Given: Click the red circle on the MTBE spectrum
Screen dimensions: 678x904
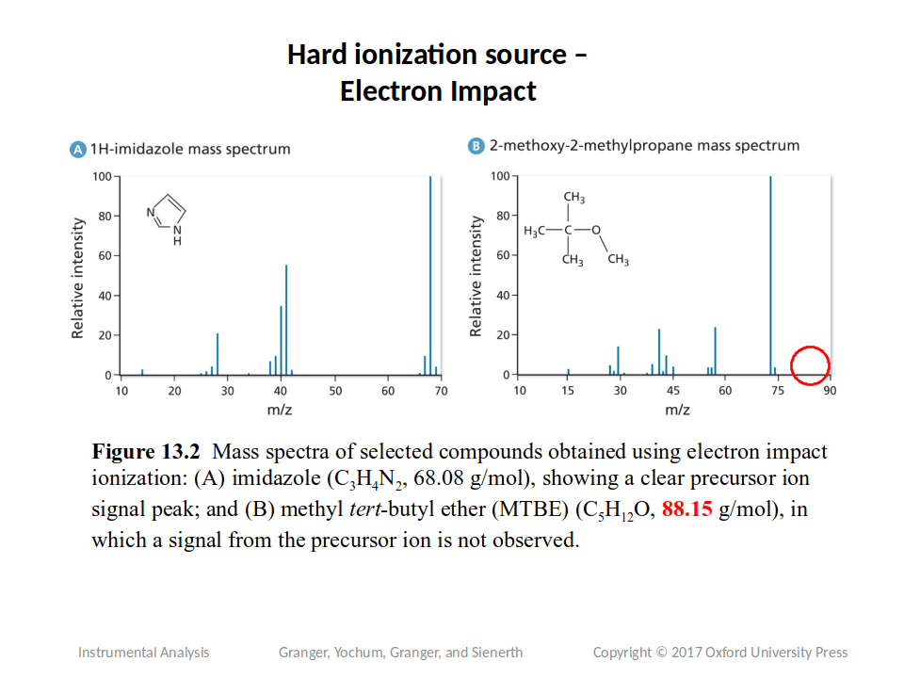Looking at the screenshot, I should pyautogui.click(x=809, y=365).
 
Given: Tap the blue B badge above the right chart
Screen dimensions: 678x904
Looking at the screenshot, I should pyautogui.click(x=476, y=146).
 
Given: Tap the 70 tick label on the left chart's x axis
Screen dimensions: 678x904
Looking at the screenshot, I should pyautogui.click(x=441, y=390).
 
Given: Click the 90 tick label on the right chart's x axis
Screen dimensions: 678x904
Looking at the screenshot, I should pyautogui.click(x=830, y=390).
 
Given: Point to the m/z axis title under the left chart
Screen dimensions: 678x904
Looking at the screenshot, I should pyautogui.click(x=280, y=410).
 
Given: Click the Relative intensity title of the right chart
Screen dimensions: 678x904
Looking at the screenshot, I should pyautogui.click(x=476, y=276).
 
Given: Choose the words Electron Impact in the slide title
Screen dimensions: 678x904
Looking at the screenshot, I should pyautogui.click(x=438, y=92).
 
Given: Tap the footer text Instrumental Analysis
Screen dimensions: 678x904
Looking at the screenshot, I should pyautogui.click(x=143, y=652).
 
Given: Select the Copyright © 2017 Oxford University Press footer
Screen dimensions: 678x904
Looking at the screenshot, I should pyautogui.click(x=719, y=652).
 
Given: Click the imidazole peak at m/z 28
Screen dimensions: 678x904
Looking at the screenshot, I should pyautogui.click(x=218, y=354).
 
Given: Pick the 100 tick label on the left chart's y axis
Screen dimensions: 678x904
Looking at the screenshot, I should pyautogui.click(x=101, y=176).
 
